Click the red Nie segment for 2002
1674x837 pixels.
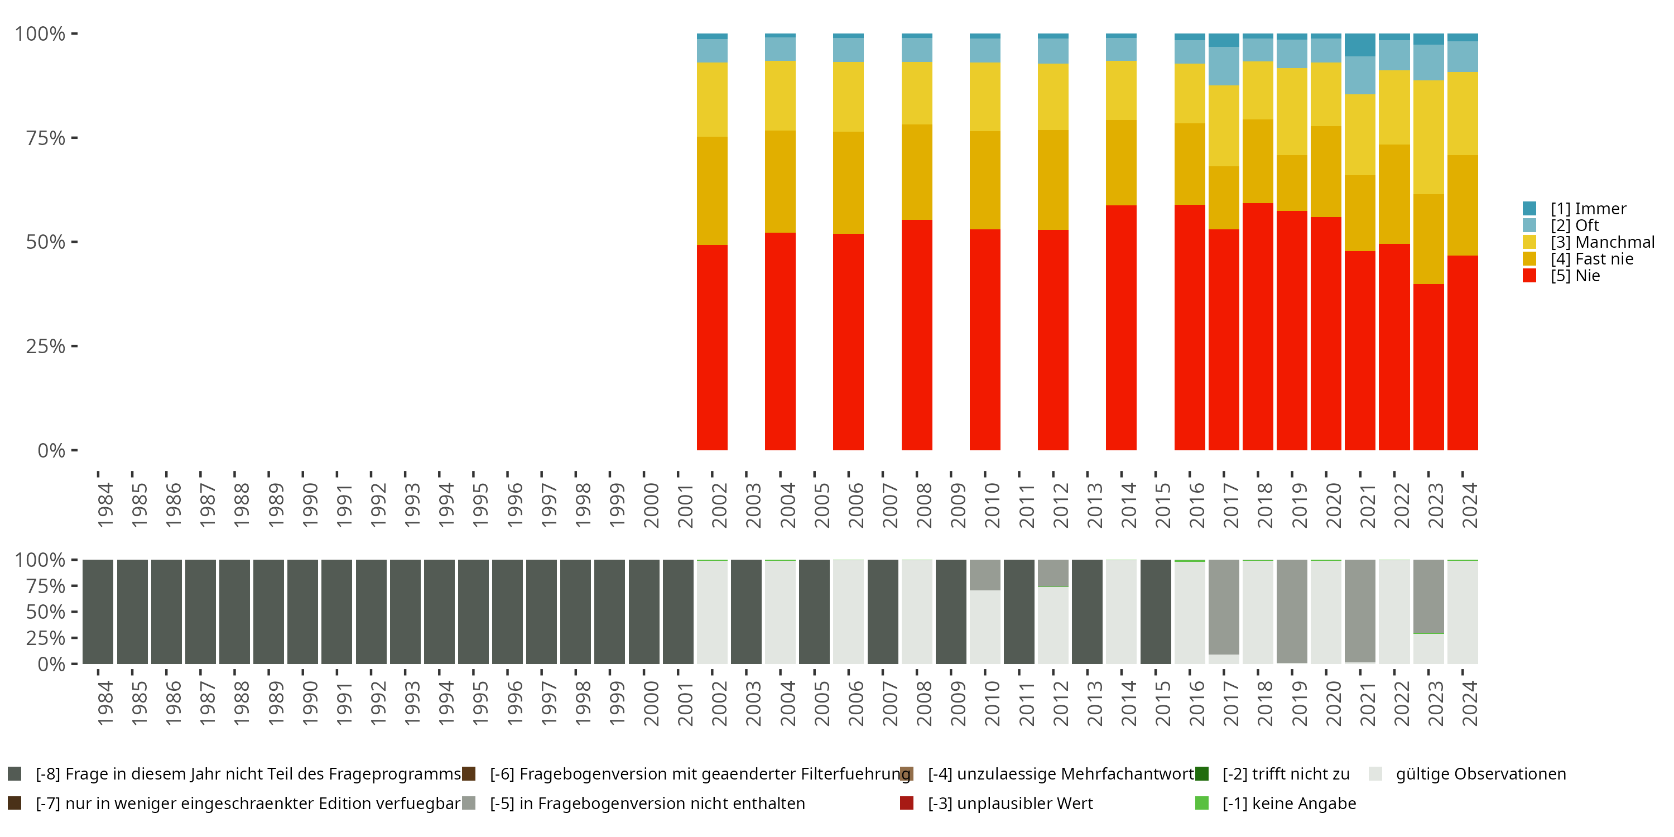click(711, 347)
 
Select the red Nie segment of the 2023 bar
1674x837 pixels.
click(1428, 367)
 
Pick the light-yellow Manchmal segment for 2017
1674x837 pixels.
click(1224, 126)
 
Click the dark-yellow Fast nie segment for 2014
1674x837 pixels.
click(1121, 162)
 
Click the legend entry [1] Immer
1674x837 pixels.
click(1588, 209)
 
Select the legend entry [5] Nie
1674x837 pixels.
click(1575, 276)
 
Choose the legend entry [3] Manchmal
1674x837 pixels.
click(1601, 242)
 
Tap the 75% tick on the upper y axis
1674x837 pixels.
click(47, 138)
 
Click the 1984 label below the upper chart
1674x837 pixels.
click(105, 505)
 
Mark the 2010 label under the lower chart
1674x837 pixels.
click(992, 703)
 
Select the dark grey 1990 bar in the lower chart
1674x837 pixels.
click(303, 612)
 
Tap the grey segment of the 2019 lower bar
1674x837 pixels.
click(1291, 611)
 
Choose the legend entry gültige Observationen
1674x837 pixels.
click(1480, 774)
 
